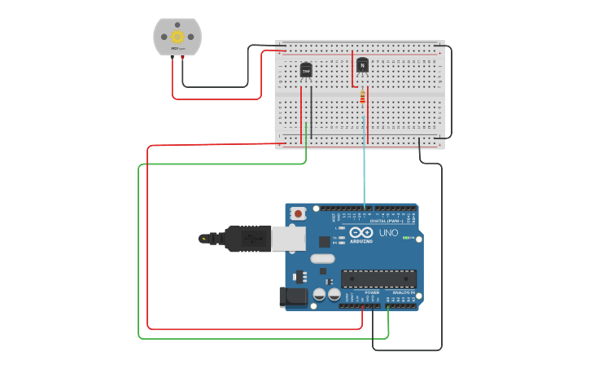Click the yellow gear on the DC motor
pyautogui.click(x=177, y=37)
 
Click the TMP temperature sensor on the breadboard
pyautogui.click(x=306, y=71)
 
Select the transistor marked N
pyautogui.click(x=362, y=64)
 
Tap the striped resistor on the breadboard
pyautogui.click(x=362, y=98)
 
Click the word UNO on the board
pyautogui.click(x=388, y=233)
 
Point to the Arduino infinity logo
pyautogui.click(x=361, y=232)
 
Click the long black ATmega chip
pyautogui.click(x=378, y=278)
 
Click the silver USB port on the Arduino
pyautogui.click(x=288, y=238)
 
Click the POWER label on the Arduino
pyautogui.click(x=372, y=292)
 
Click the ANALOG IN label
pyautogui.click(x=404, y=292)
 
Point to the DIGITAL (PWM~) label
pyautogui.click(x=388, y=221)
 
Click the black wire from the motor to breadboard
pyautogui.click(x=216, y=86)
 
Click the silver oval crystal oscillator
pyautogui.click(x=322, y=259)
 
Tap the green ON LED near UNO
pyautogui.click(x=406, y=238)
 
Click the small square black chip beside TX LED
pyautogui.click(x=325, y=241)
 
